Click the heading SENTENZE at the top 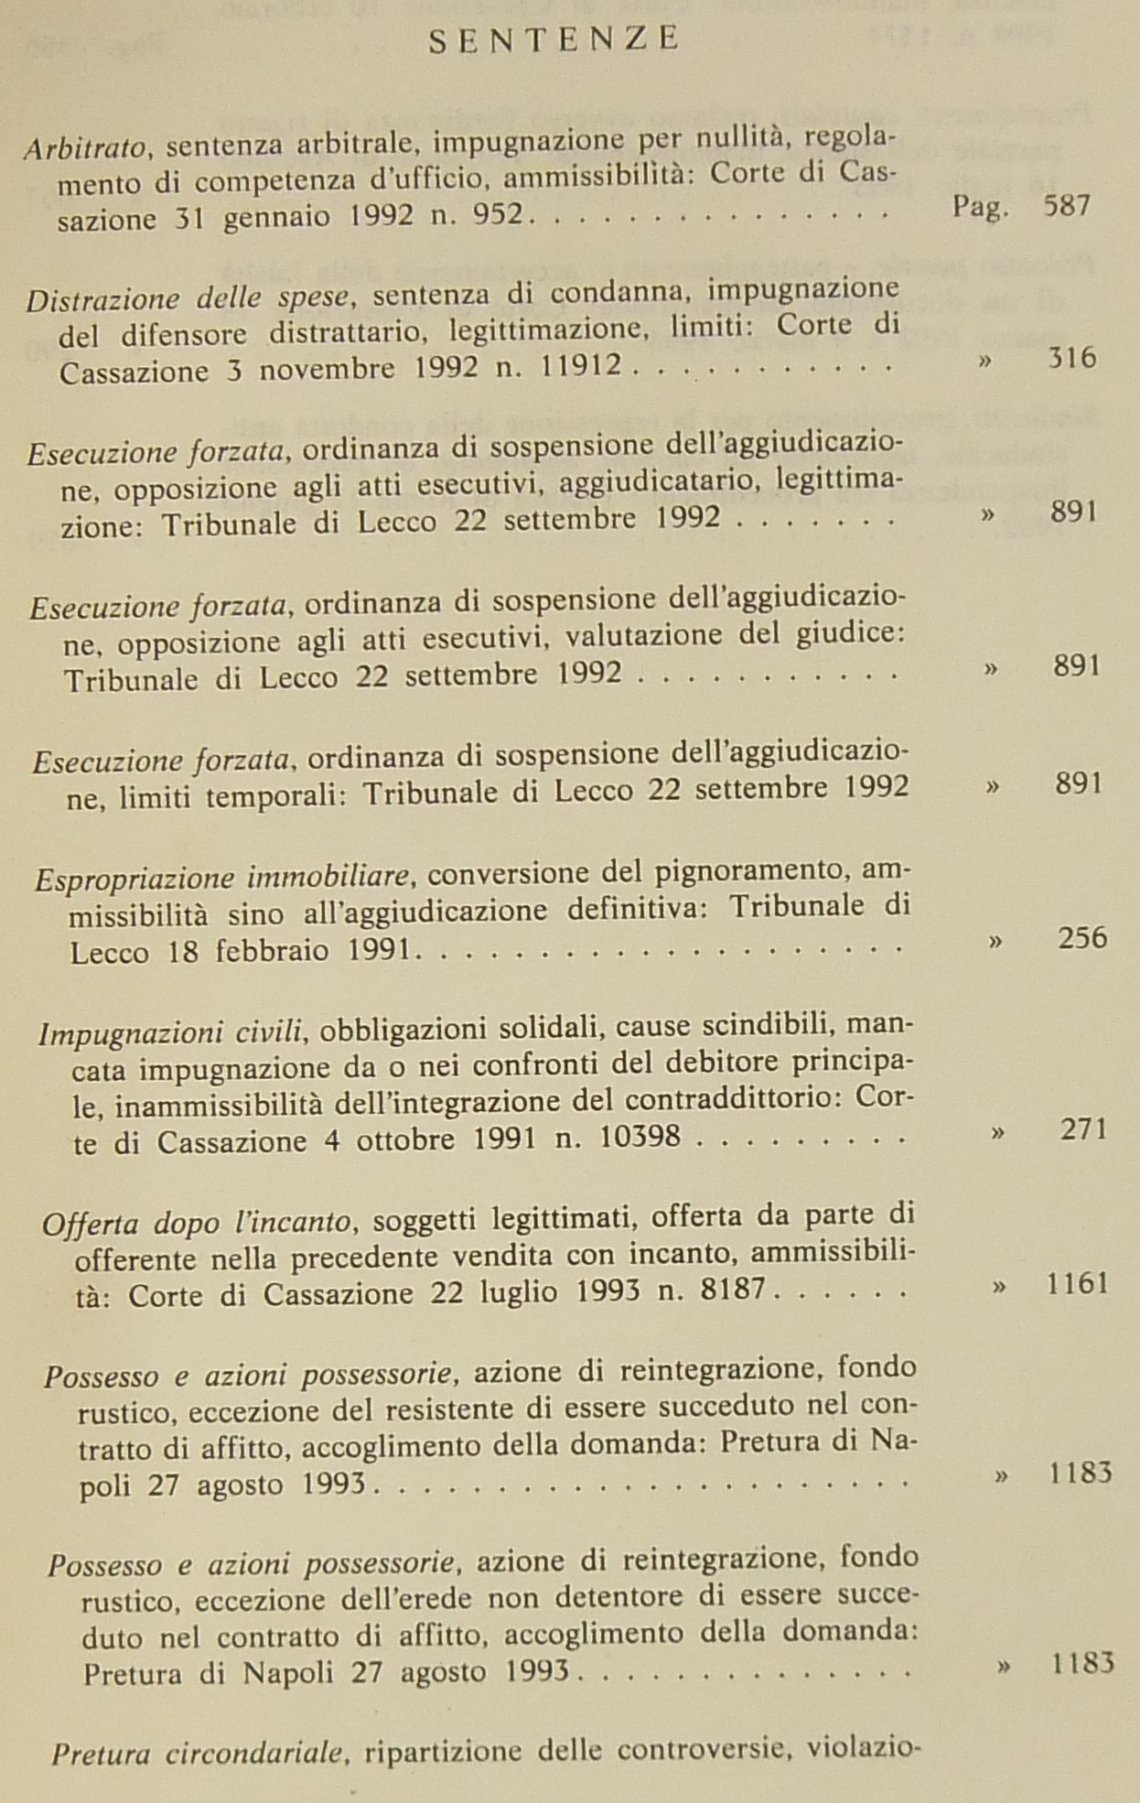point(554,40)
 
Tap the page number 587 point(1067,205)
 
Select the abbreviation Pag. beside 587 point(980,207)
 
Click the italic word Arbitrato point(85,146)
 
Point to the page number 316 point(1071,358)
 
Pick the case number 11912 point(580,367)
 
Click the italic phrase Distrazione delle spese point(188,298)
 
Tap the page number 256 point(1082,938)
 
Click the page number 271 point(1084,1129)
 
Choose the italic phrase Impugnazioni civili point(171,1032)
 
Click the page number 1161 point(1078,1283)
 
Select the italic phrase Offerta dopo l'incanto point(197,1223)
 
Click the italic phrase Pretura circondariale point(198,1754)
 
